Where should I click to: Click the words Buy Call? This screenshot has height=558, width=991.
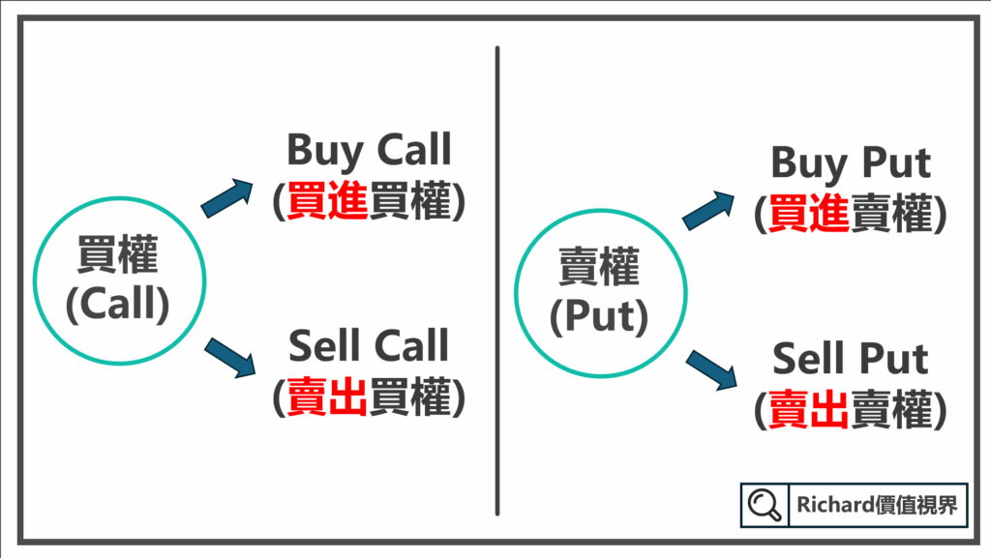click(x=369, y=151)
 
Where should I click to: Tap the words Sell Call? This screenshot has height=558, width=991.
click(x=369, y=346)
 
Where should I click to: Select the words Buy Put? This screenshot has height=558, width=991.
click(x=851, y=163)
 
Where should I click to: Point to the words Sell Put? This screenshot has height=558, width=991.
click(x=851, y=359)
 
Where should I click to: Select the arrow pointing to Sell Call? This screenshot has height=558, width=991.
click(x=229, y=355)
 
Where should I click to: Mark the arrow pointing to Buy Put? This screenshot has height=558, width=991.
click(x=707, y=210)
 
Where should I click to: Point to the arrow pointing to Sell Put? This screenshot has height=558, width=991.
click(x=709, y=368)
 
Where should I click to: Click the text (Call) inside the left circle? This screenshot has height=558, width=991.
click(x=117, y=305)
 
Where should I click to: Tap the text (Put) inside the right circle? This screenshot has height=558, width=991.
click(x=598, y=315)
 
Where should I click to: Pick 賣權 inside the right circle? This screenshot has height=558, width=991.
click(x=598, y=270)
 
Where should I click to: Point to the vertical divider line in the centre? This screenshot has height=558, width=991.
click(x=496, y=280)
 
